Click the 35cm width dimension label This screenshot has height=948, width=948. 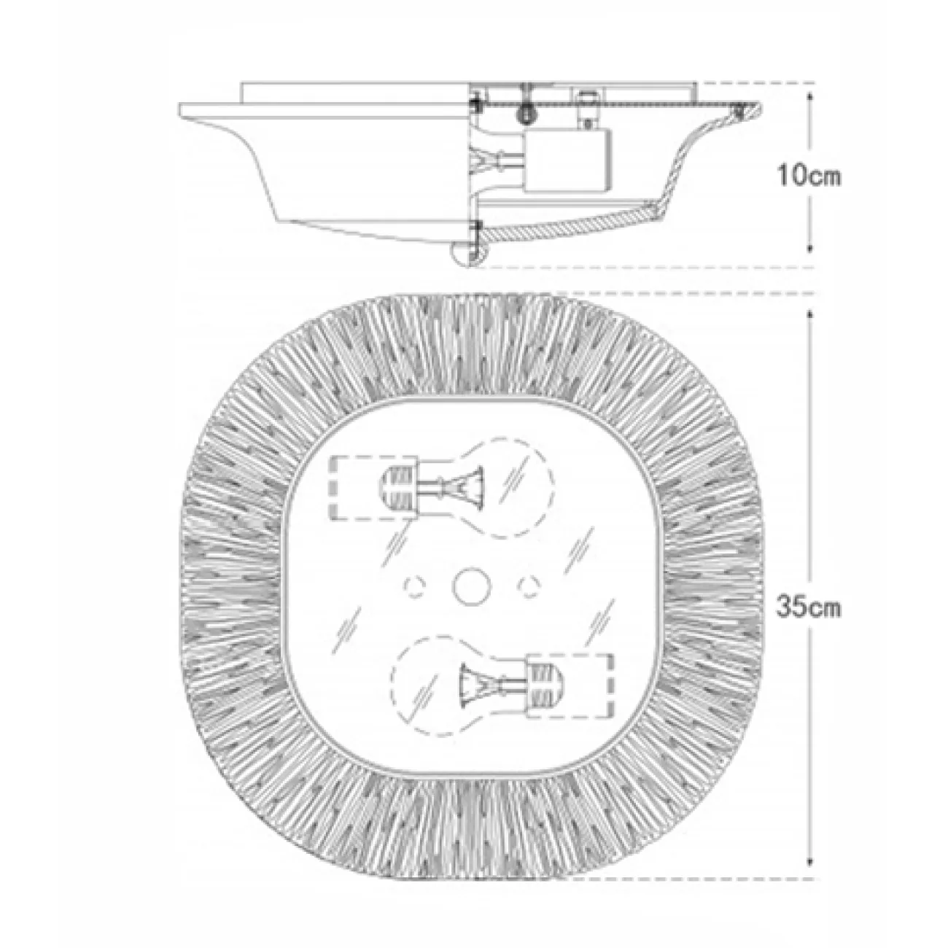pos(808,607)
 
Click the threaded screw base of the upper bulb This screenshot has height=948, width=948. pos(395,488)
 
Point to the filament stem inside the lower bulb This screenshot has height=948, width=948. pos(482,683)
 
